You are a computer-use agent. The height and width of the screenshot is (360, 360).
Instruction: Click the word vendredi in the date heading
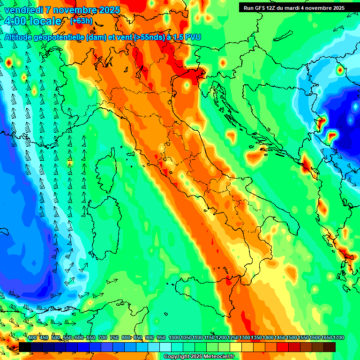tap(23, 10)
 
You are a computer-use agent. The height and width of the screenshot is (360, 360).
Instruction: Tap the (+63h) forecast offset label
tap(81, 21)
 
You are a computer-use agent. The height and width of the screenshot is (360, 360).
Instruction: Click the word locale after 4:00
tap(45, 22)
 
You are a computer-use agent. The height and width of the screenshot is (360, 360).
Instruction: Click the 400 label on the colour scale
tap(32, 338)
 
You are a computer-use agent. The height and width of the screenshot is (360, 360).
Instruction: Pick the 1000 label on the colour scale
tap(174, 338)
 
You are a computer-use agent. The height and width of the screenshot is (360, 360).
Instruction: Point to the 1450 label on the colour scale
tap(280, 338)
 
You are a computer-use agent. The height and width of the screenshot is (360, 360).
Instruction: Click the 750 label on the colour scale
tap(114, 338)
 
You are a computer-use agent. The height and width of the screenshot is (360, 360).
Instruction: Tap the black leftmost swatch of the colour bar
tap(25, 347)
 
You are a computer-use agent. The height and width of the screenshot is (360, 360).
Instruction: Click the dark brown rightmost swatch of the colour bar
tap(330, 347)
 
